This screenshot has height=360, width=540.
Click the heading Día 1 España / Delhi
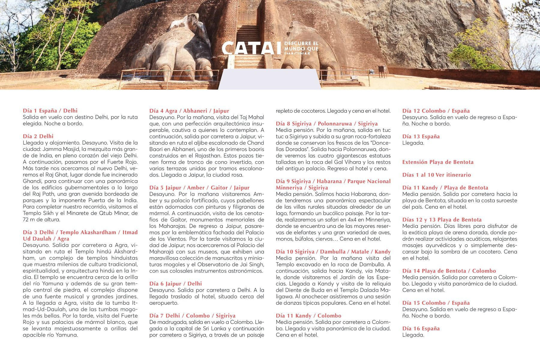point(50,111)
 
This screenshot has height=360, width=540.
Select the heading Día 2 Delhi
point(38,136)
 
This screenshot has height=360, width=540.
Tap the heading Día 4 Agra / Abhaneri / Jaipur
point(189,111)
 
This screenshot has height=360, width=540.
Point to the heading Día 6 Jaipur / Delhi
point(175,284)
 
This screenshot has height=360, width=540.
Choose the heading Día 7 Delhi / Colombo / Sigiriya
point(192,316)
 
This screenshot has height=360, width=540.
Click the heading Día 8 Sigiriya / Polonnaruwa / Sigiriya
point(327,124)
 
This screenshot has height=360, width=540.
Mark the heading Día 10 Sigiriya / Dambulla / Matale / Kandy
point(333,252)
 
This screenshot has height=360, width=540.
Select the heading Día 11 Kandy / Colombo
point(308,316)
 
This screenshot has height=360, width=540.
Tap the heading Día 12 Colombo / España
point(436,111)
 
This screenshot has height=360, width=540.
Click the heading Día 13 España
point(421,136)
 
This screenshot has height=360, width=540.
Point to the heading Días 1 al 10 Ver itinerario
point(436,175)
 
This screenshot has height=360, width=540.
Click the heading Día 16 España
point(421,328)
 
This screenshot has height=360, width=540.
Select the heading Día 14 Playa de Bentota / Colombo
point(449,271)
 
